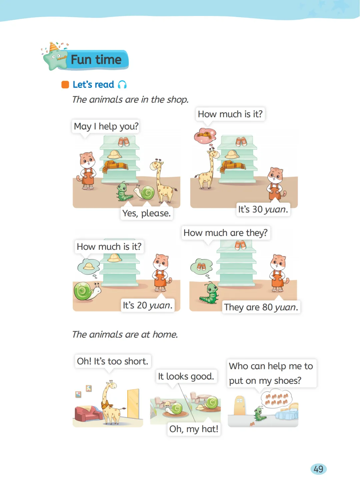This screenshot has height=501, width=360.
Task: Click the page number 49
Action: coord(318,469)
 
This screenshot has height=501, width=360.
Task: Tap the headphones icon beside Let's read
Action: coord(122,85)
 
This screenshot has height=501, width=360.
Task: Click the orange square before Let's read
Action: coord(65,85)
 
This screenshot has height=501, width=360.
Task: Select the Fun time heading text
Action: coord(96,60)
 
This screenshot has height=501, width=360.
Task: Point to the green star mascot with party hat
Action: coord(54,57)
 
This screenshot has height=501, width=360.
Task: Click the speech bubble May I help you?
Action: coord(106,126)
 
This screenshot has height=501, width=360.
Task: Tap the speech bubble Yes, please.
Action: coord(147,213)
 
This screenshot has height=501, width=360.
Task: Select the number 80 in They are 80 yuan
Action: coord(267,307)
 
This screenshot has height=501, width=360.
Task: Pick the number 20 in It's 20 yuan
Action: coord(142,305)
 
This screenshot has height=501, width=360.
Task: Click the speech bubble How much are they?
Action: coord(226,233)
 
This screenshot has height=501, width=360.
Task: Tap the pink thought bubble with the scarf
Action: coord(205,136)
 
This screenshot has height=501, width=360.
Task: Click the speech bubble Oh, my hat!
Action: coord(194,429)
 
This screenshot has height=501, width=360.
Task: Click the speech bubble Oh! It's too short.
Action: coord(113,361)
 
